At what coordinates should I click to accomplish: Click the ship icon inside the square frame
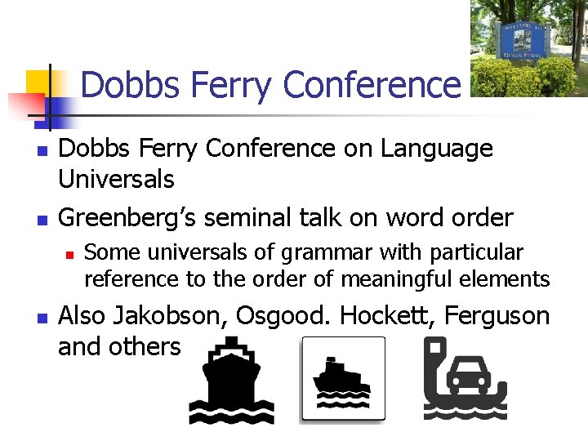click(x=342, y=381)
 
